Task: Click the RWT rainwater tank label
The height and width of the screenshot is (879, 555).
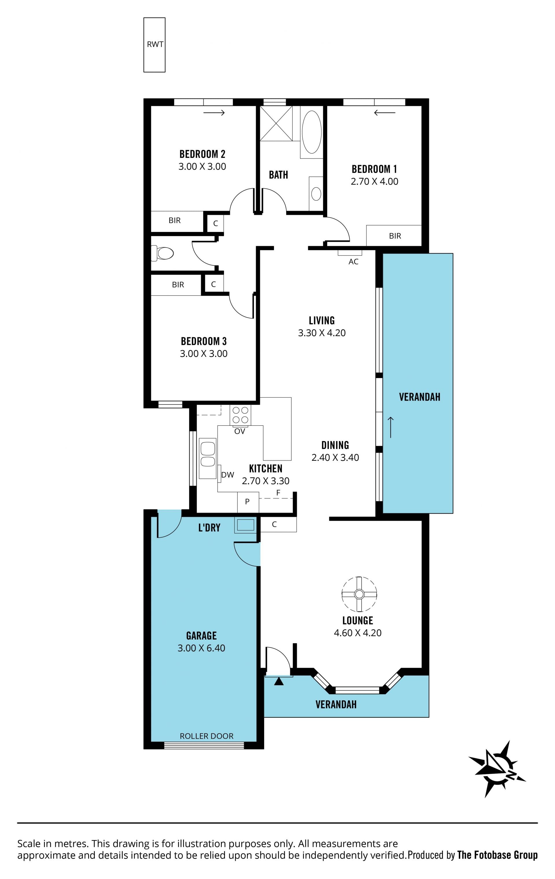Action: coord(155,45)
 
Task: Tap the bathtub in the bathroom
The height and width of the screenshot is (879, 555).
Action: coord(312,132)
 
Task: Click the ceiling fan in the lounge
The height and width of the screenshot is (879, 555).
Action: coord(359,594)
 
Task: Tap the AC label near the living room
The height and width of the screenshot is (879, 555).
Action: coord(353,262)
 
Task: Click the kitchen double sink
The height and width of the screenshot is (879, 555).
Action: coord(208,458)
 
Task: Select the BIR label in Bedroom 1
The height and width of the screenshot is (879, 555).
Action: coord(395,236)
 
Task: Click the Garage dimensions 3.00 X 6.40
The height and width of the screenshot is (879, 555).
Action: coord(201,648)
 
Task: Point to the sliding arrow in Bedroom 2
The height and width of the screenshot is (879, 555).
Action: coord(214,113)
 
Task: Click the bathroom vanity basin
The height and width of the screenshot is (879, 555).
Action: coord(316,194)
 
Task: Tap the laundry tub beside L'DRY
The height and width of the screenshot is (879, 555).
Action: coord(246,525)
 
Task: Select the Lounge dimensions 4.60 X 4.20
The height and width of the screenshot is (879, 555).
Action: coord(358,633)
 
